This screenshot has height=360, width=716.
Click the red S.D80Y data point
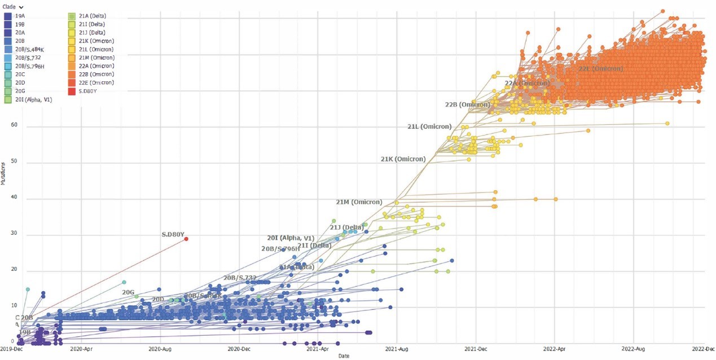pyautogui.click(x=186, y=239)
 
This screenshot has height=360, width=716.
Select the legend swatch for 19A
pyautogui.click(x=8, y=16)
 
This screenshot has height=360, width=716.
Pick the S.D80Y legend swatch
pyautogui.click(x=72, y=91)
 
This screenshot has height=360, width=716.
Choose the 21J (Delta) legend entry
pyautogui.click(x=91, y=33)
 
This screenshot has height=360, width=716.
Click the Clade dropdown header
pyautogui.click(x=12, y=7)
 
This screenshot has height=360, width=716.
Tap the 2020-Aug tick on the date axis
pyautogui.click(x=160, y=349)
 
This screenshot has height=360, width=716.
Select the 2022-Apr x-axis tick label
pyautogui.click(x=555, y=349)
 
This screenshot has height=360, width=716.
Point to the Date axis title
pyautogui.click(x=344, y=356)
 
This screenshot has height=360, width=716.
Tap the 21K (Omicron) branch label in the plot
pyautogui.click(x=403, y=159)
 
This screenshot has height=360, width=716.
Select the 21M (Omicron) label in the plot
pyautogui.click(x=359, y=202)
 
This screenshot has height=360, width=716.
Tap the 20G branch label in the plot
pyautogui.click(x=128, y=292)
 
